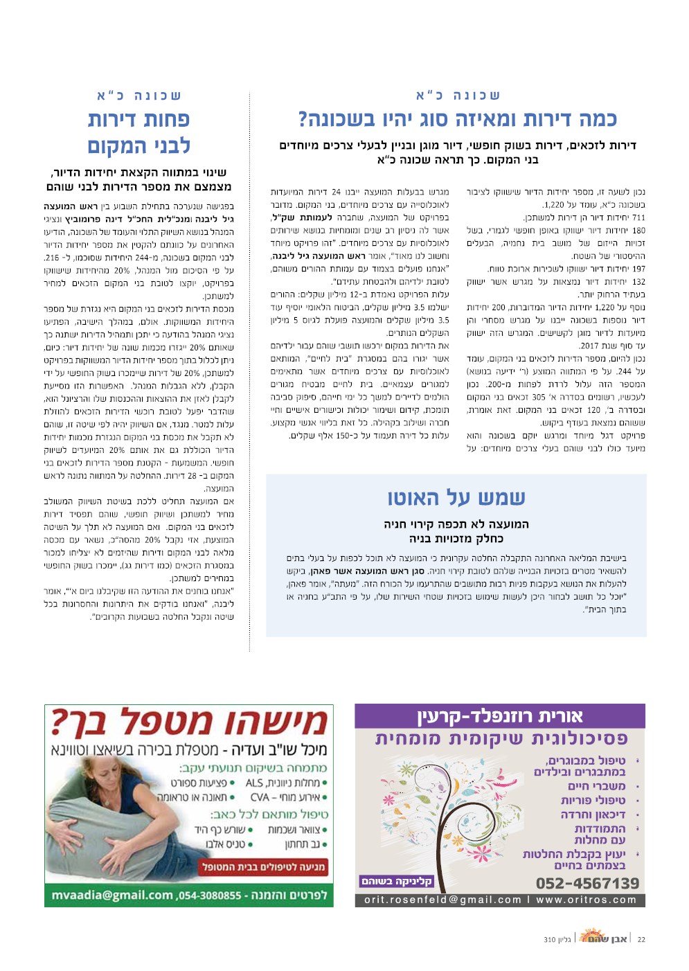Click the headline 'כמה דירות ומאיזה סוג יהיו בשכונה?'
[x=457, y=119]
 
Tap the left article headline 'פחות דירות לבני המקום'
[x=138, y=132]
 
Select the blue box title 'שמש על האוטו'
[x=456, y=498]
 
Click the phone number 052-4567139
[x=587, y=883]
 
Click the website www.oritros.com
[x=586, y=900]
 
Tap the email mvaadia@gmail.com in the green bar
[x=112, y=895]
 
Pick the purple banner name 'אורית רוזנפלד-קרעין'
[x=500, y=715]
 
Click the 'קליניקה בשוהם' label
[x=396, y=881]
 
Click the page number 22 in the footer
[x=641, y=939]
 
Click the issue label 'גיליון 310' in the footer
[x=557, y=940]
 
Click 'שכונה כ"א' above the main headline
[x=458, y=95]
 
